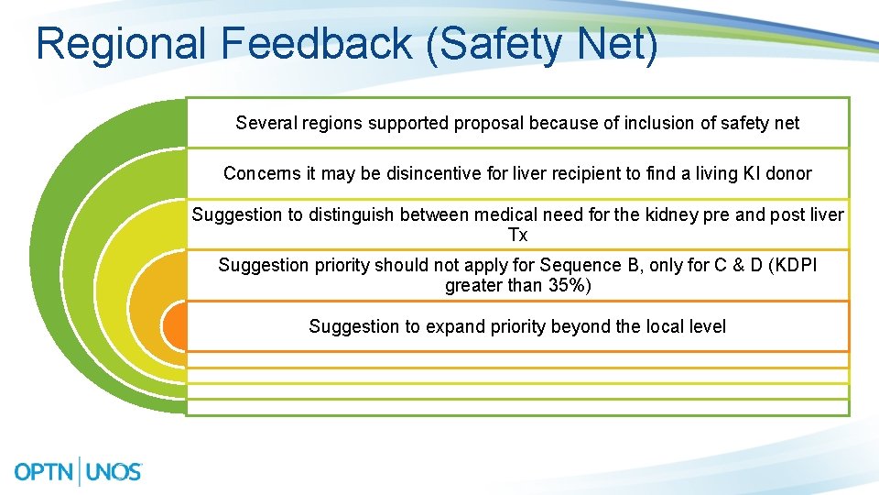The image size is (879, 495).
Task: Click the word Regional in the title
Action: [121, 44]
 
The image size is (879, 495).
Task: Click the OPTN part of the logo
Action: [45, 471]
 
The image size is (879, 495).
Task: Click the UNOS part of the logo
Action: [114, 471]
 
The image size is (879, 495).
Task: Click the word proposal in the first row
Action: [486, 123]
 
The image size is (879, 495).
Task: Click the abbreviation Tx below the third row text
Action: [517, 236]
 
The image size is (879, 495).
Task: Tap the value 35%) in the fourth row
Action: [570, 285]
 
